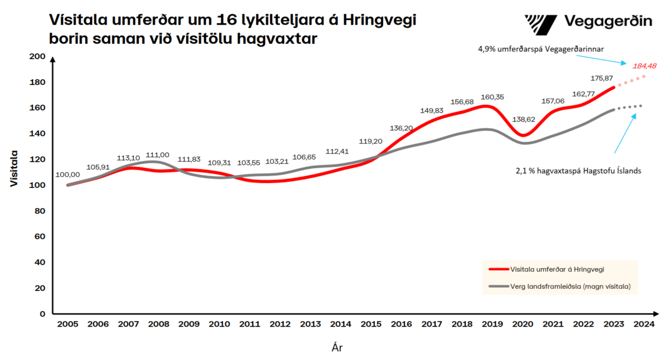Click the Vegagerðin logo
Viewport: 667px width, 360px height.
(x=588, y=22)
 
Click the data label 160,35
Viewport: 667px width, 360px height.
(x=493, y=97)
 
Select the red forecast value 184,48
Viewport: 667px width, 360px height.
(x=645, y=66)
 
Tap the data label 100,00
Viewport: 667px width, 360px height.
(x=67, y=174)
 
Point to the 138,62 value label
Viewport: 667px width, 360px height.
(x=524, y=118)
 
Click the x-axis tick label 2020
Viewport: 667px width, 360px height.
(x=523, y=324)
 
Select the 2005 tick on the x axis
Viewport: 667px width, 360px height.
(x=68, y=324)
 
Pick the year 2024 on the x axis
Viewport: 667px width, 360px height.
(x=644, y=324)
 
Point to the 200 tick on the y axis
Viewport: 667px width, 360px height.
(x=37, y=56)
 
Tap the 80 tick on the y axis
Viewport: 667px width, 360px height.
(x=40, y=211)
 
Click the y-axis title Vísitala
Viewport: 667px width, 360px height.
(x=15, y=169)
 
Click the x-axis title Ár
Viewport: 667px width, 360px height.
(x=338, y=347)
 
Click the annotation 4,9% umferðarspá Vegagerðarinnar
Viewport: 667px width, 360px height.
(x=541, y=49)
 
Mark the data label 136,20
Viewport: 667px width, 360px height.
(x=401, y=128)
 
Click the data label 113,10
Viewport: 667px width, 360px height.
(x=128, y=158)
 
